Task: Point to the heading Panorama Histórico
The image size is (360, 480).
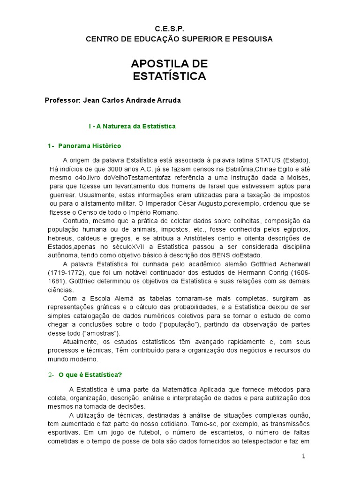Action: [x=90, y=146]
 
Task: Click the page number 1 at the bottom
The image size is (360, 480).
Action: [x=304, y=457]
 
